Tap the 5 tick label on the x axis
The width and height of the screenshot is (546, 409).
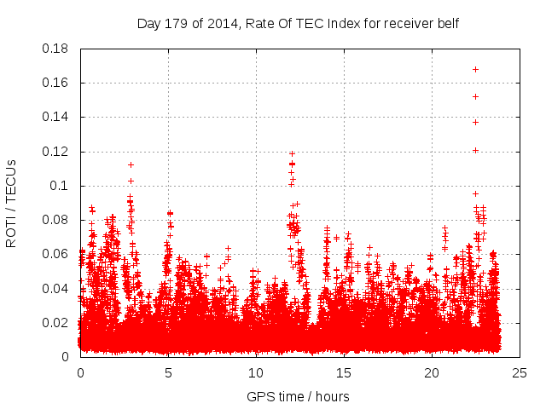tap(168, 372)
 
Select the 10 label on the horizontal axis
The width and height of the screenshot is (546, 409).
tap(256, 372)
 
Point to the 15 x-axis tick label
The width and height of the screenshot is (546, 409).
tap(344, 372)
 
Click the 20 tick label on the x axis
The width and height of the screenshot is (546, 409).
tap(432, 372)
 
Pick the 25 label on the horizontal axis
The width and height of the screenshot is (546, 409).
tap(520, 372)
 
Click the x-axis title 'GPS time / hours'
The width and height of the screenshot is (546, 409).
tap(298, 396)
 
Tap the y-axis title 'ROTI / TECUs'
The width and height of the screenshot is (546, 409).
tap(12, 203)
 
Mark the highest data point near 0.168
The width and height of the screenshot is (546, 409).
tap(475, 69)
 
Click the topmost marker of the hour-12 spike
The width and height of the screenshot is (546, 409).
tap(292, 153)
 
